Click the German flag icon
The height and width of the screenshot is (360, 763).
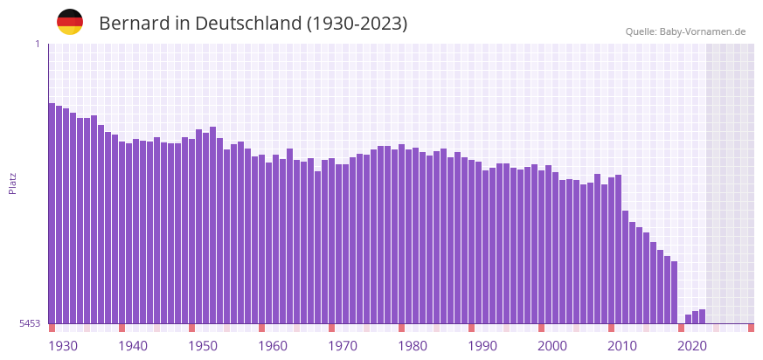pyautogui.click(x=70, y=22)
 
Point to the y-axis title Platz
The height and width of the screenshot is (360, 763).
pyautogui.click(x=12, y=183)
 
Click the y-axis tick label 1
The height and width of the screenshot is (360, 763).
pyautogui.click(x=38, y=44)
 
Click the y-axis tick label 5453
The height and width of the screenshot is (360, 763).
pyautogui.click(x=30, y=323)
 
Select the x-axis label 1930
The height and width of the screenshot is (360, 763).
pyautogui.click(x=63, y=346)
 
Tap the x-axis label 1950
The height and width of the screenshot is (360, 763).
pyautogui.click(x=203, y=346)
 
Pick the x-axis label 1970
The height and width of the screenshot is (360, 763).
pyautogui.click(x=343, y=346)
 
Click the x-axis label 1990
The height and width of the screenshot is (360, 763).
pyautogui.click(x=482, y=346)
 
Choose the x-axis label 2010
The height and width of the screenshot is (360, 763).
pyautogui.click(x=622, y=346)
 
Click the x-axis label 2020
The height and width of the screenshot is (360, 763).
pyautogui.click(x=692, y=346)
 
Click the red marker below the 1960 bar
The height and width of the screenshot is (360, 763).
pyautogui.click(x=261, y=328)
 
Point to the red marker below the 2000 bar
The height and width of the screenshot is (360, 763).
pyautogui.click(x=541, y=328)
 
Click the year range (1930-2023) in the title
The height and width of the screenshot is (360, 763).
pyautogui.click(x=356, y=24)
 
